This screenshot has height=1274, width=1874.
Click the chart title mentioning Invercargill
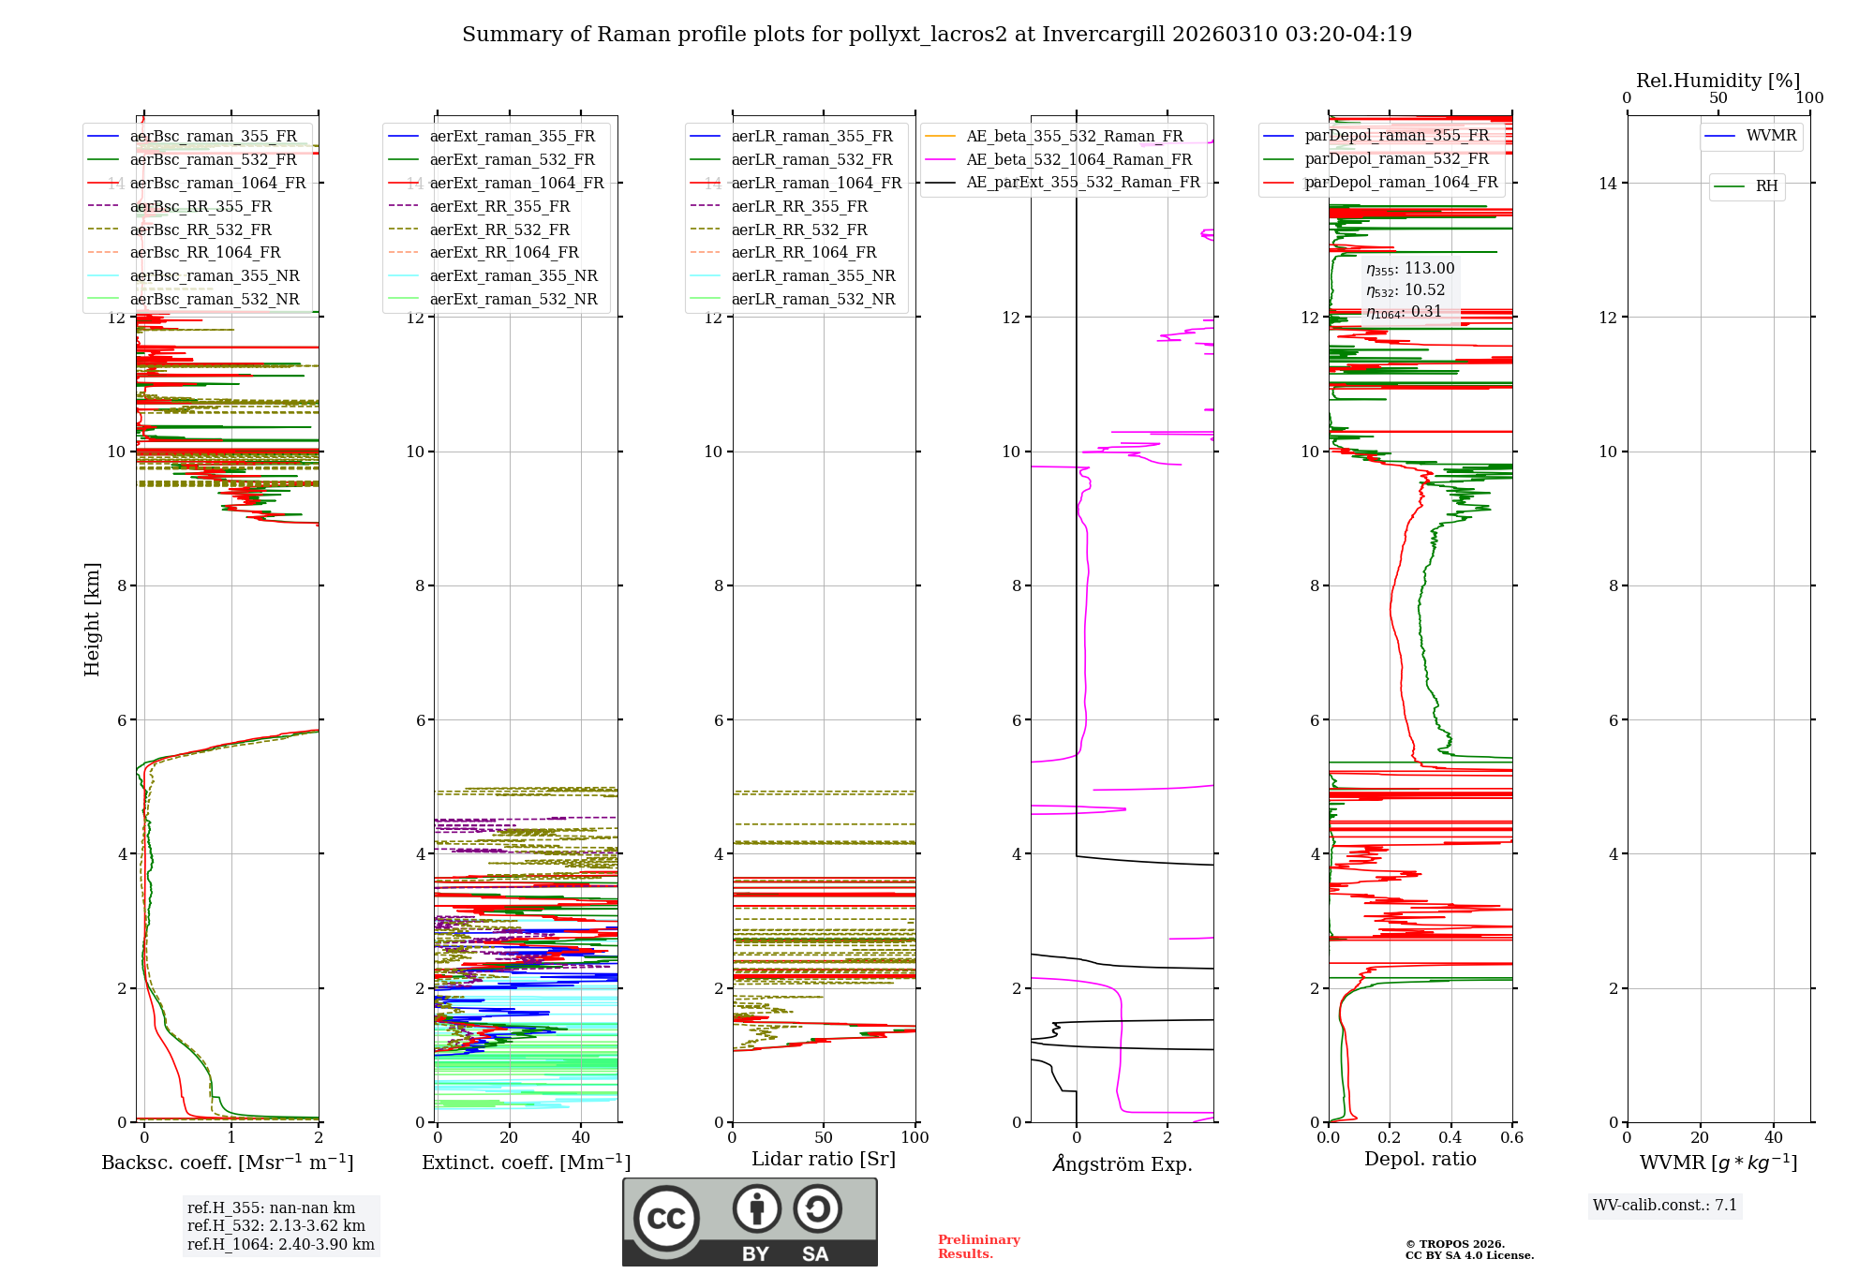point(936,35)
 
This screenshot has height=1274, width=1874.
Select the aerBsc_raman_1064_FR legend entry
point(217,183)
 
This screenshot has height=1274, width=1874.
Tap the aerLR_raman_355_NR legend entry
point(812,275)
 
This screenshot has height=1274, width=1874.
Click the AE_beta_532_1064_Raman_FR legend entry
point(1078,159)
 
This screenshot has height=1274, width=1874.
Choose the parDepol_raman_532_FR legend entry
point(1396,159)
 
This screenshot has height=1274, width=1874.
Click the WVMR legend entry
point(1771,136)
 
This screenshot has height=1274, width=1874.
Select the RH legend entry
point(1766,186)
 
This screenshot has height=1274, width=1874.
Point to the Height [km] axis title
point(92,618)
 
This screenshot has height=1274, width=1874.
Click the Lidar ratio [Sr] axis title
point(824,1159)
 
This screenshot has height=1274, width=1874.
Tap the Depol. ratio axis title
point(1420,1159)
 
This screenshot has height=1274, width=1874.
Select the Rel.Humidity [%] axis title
point(1718,81)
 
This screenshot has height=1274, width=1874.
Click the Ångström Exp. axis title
point(1122,1163)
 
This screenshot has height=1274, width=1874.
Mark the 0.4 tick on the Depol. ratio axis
point(1450,1137)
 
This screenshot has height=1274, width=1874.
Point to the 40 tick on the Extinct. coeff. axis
point(581,1137)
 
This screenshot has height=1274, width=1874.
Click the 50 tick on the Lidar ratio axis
point(824,1137)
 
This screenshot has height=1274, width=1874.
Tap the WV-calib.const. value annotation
point(1665,1205)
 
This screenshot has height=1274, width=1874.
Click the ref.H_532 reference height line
point(275,1225)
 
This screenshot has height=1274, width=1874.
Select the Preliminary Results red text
point(978,1246)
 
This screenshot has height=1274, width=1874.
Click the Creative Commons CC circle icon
point(666,1218)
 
